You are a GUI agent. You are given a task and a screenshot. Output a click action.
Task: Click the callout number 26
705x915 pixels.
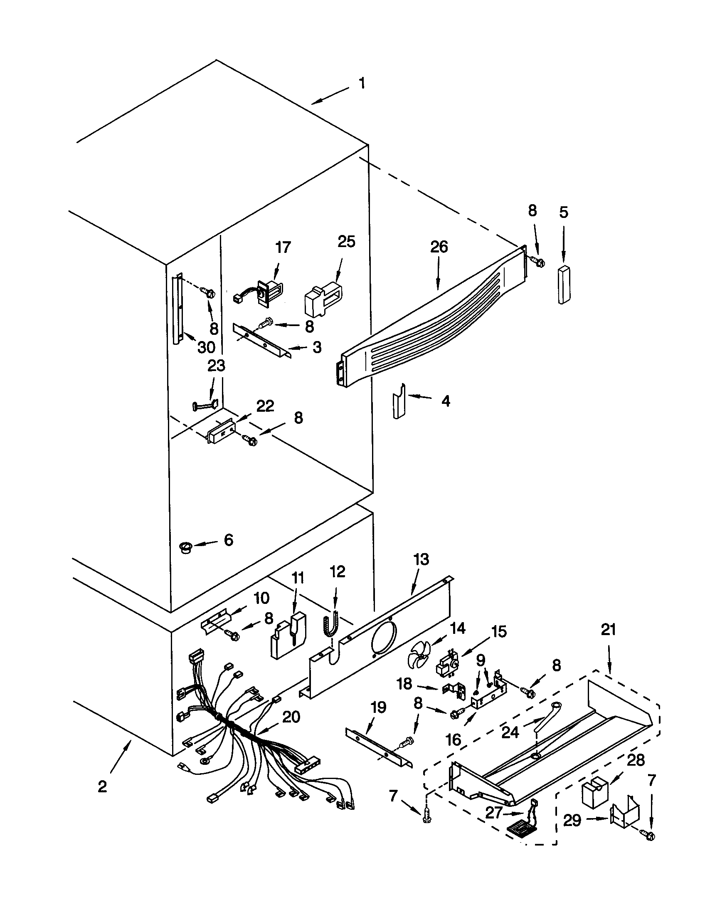[439, 247]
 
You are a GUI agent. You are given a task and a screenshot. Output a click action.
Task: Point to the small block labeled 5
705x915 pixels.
[564, 284]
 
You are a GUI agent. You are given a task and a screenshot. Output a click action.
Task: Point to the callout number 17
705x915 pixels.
[283, 247]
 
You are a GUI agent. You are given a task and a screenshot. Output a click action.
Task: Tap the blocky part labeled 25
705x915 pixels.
[322, 296]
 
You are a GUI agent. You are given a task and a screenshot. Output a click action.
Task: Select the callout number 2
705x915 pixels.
[102, 787]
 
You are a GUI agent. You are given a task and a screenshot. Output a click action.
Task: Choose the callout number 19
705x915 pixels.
[378, 708]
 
